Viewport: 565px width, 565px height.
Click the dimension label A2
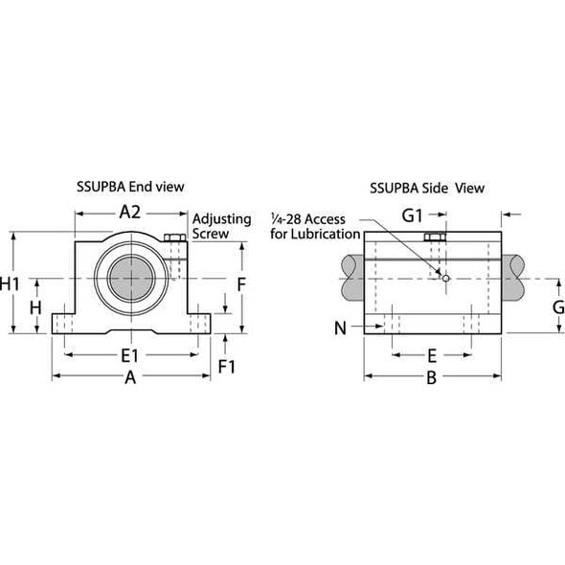tap(132, 214)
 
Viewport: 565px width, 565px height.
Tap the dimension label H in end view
tap(34, 307)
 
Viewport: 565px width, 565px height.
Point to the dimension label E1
tap(132, 355)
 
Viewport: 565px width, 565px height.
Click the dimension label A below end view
tap(132, 379)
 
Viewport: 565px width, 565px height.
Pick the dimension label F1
tap(227, 366)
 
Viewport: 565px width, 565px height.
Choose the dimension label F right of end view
tap(242, 284)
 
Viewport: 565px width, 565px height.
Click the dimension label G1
tap(413, 215)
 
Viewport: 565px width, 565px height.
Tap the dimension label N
tap(341, 328)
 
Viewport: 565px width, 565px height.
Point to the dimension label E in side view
tap(432, 354)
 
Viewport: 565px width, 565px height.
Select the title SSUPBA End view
tap(132, 185)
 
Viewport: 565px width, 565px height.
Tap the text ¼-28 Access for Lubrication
tap(315, 226)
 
